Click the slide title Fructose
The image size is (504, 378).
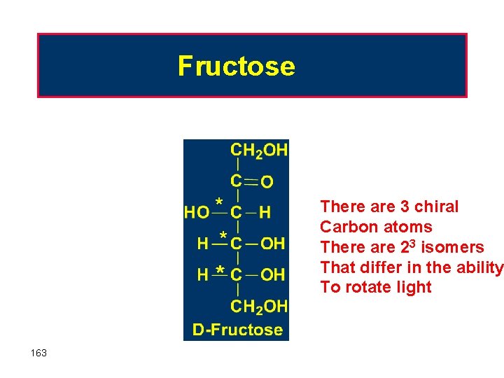point(237,66)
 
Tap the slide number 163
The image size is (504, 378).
point(39,353)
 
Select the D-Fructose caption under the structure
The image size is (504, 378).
point(237,329)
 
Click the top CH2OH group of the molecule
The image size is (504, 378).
point(259,150)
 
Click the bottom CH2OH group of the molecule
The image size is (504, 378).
point(259,306)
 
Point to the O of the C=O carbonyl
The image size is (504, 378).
point(267,182)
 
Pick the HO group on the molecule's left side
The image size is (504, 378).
point(197,211)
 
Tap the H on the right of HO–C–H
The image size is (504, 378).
point(265,211)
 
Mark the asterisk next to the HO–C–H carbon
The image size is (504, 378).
point(219,202)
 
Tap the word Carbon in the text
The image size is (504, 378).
point(345,227)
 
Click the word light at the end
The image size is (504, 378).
point(414,287)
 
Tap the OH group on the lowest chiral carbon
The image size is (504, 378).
point(273,275)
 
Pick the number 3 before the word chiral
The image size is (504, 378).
point(405,206)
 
